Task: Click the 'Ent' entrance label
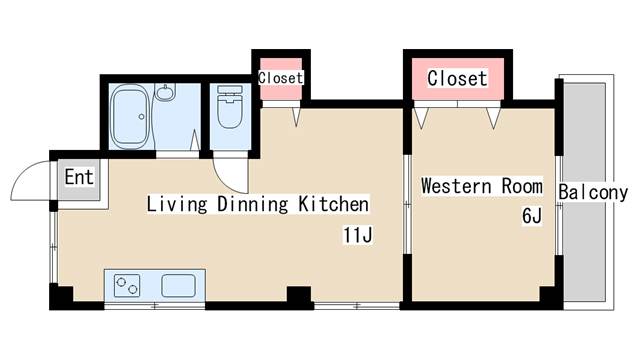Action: (x=79, y=177)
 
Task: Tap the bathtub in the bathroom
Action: (x=130, y=116)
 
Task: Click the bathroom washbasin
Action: (x=165, y=92)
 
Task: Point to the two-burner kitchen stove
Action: (x=127, y=285)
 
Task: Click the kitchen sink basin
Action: (x=178, y=285)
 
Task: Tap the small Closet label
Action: (x=280, y=78)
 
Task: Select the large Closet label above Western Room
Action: (x=457, y=78)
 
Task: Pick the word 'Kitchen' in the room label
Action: (x=333, y=203)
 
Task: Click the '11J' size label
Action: (x=358, y=235)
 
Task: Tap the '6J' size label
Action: (x=532, y=216)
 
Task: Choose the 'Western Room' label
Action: (x=482, y=186)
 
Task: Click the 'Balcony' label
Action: (x=593, y=192)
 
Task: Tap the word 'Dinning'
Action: (x=253, y=204)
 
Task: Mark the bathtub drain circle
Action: (x=141, y=117)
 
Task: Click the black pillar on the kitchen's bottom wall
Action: (x=299, y=296)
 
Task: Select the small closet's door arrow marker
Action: (x=296, y=117)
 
